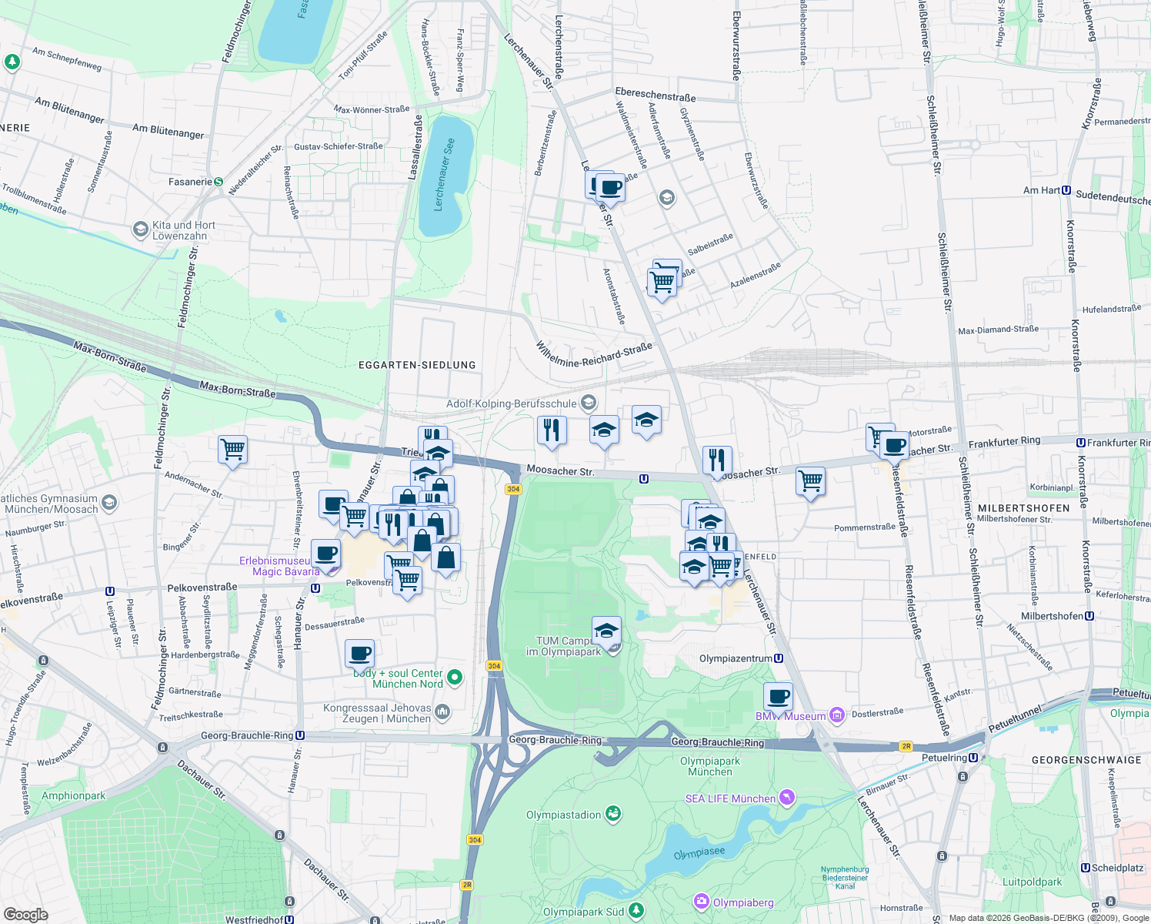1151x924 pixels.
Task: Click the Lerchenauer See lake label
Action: tap(444, 175)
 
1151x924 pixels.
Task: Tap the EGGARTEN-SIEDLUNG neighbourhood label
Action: tap(417, 365)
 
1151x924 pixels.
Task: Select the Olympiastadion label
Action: tap(564, 815)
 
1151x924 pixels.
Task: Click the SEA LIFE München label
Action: tap(730, 798)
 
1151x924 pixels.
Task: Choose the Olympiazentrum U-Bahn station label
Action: tap(736, 658)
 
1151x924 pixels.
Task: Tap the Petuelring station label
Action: tap(945, 758)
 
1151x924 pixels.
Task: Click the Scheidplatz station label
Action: tap(1117, 868)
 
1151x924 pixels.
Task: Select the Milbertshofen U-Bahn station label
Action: tap(1052, 616)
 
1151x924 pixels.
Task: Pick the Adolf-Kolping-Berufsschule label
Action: tap(512, 403)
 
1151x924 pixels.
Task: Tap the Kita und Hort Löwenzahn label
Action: tap(184, 230)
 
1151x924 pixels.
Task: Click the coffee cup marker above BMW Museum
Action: tap(778, 697)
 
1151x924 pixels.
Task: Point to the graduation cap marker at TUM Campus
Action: tap(606, 631)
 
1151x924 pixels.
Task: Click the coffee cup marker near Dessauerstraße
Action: tap(359, 654)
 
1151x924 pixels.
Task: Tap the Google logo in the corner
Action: tap(25, 914)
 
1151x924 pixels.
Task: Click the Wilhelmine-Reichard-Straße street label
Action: tap(594, 354)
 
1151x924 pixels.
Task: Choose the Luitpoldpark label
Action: tap(1032, 882)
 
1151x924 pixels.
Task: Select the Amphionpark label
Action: tap(73, 795)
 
